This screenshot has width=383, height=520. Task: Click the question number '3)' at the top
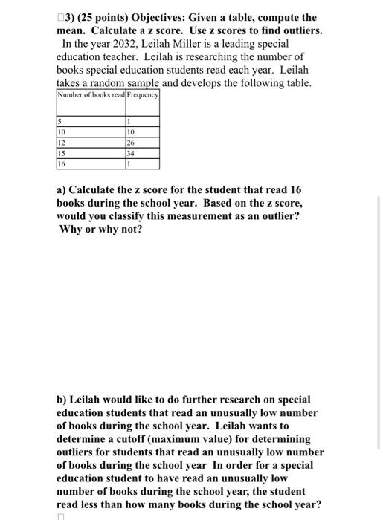[73, 17]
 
